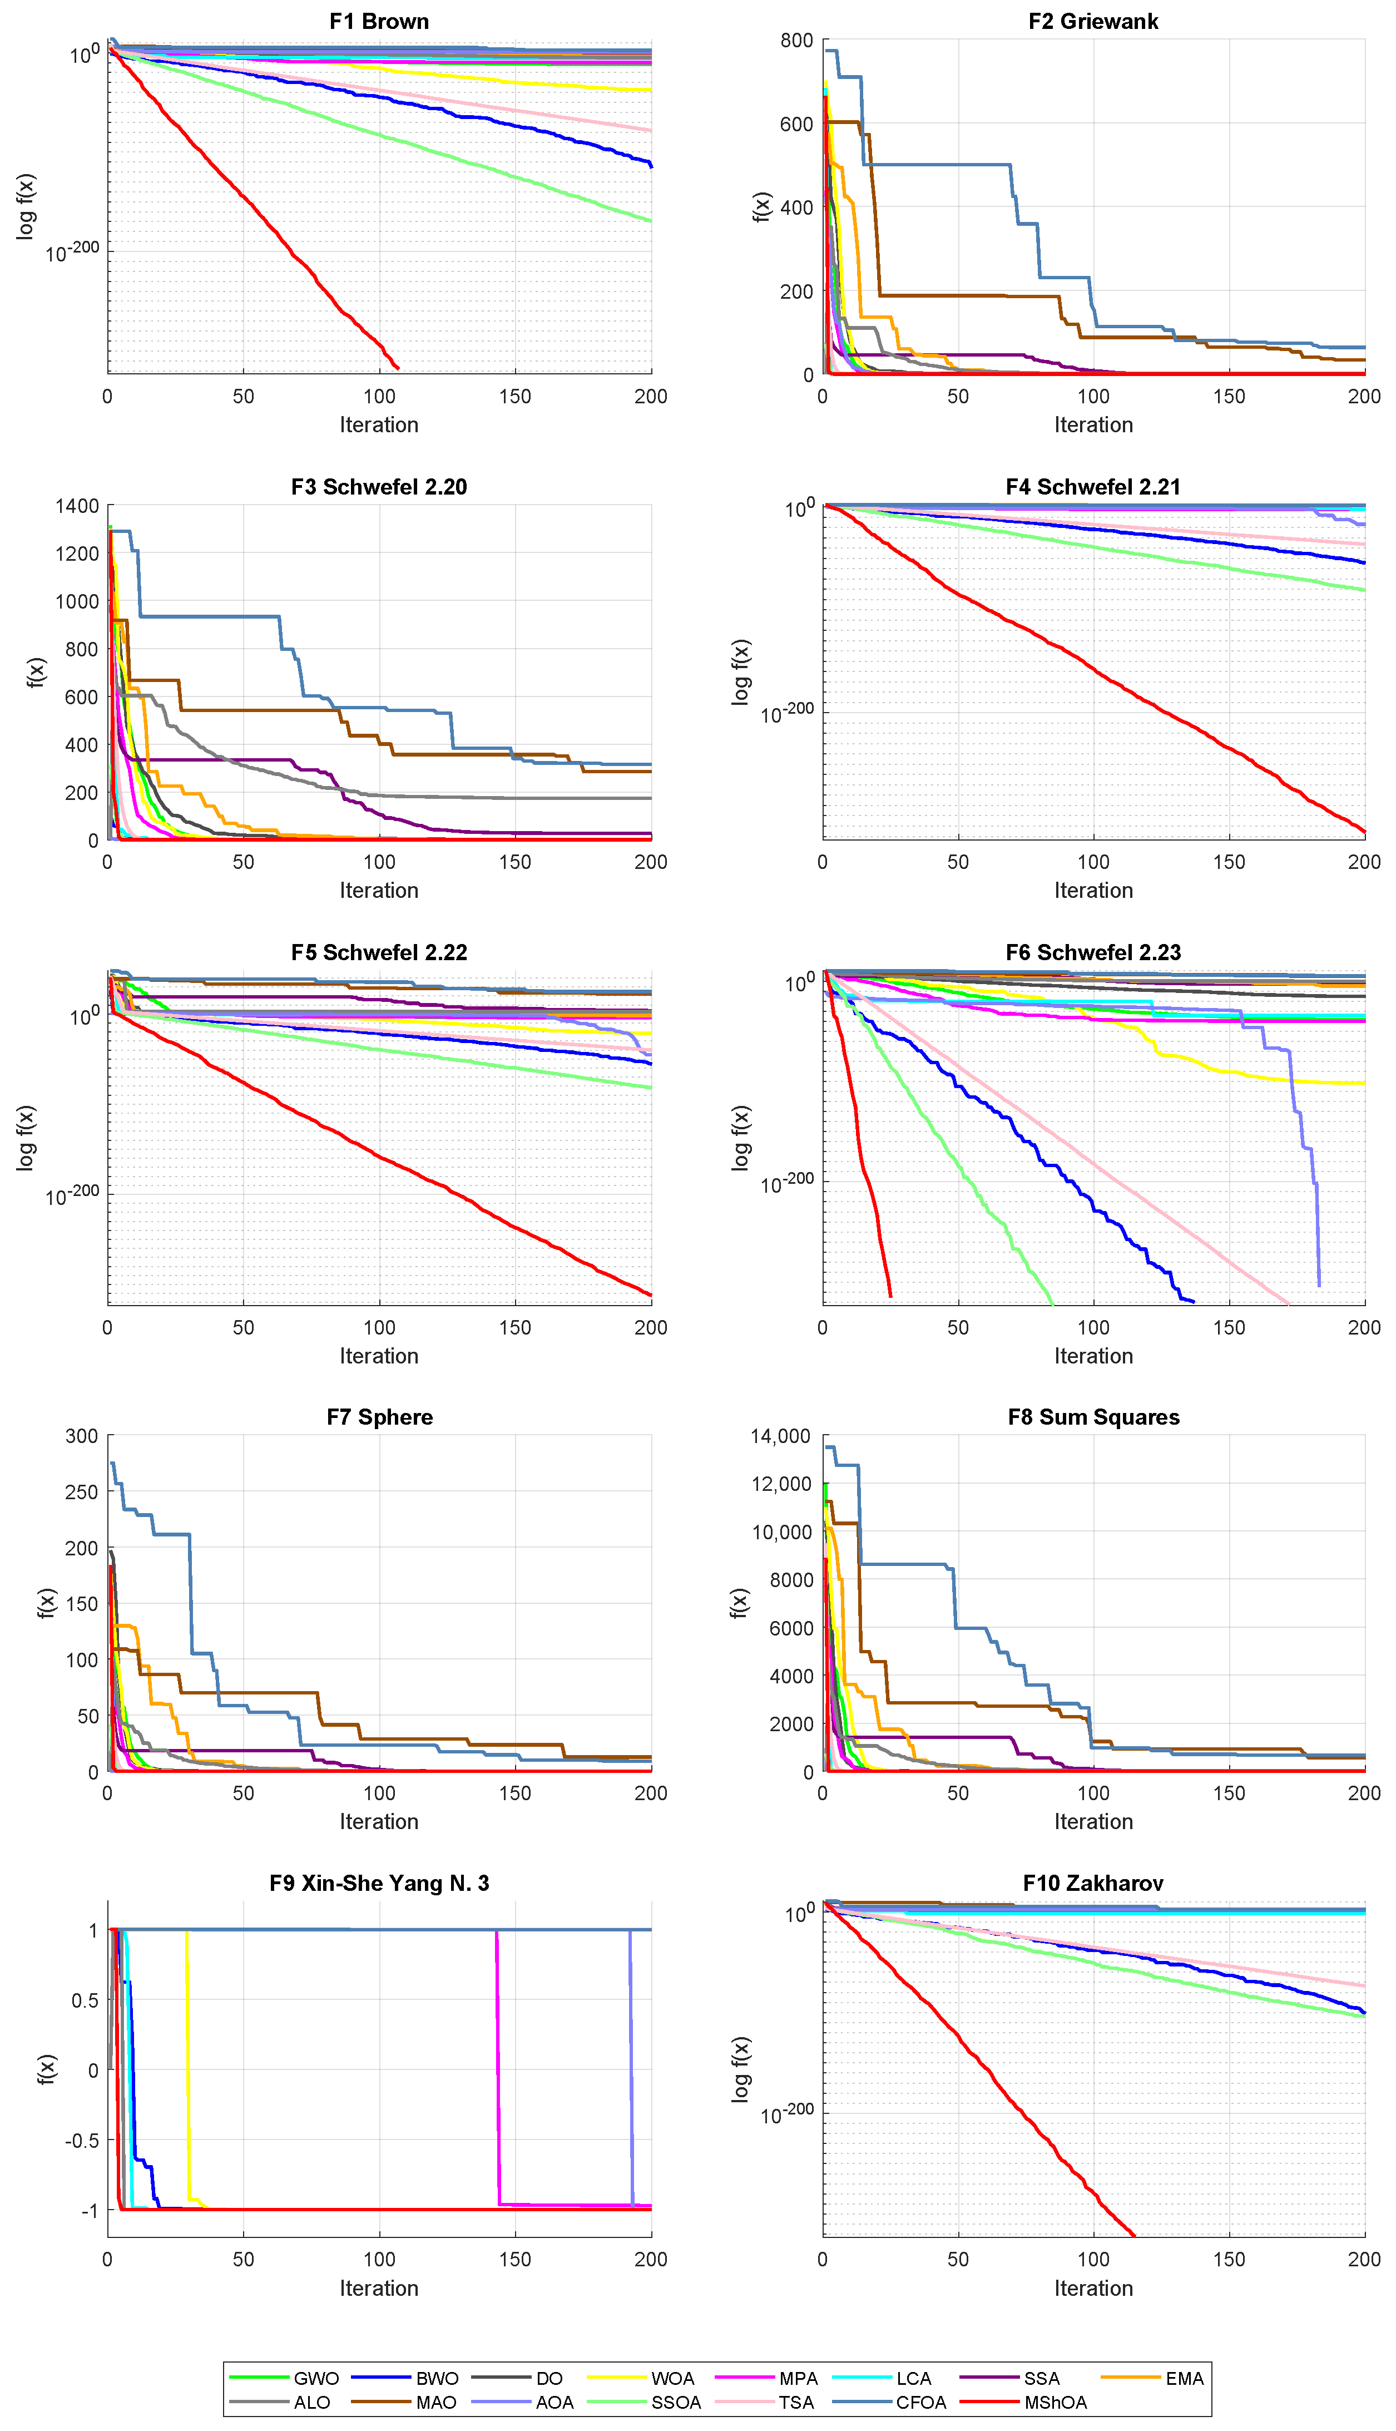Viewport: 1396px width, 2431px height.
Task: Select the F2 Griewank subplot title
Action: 1093,21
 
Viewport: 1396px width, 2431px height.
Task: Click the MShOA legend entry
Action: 1055,2402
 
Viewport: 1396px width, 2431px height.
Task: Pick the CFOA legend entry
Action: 920,2402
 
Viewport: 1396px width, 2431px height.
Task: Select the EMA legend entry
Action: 1184,2378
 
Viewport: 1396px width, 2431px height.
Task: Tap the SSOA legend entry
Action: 676,2402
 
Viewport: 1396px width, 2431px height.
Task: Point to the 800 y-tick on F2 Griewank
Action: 797,40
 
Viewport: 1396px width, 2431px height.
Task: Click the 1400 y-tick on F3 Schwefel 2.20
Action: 77,505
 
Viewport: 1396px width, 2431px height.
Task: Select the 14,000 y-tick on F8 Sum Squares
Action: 780,1436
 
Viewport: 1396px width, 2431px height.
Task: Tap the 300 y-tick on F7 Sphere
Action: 82,1436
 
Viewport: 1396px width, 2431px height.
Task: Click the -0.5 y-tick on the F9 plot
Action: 78,2140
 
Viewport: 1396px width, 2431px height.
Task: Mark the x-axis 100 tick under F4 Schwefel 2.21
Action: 1093,861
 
